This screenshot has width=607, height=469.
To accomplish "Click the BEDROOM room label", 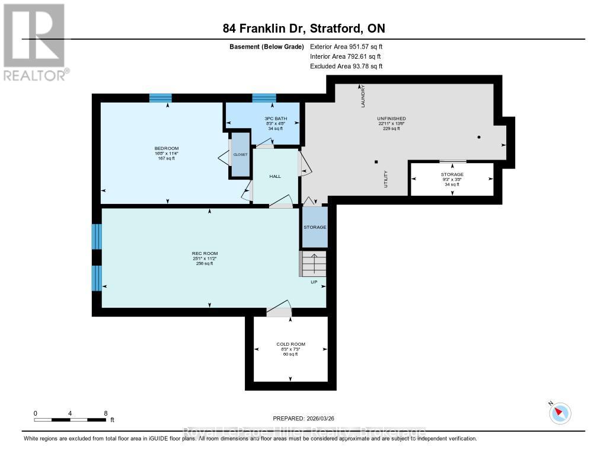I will pos(166,148).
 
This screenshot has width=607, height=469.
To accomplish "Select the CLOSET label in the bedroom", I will pos(240,154).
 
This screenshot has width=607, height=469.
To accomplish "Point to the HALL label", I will pos(275,176).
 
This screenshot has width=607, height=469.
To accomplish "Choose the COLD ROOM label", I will pos(290,344).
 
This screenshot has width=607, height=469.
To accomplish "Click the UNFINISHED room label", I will pos(391,119).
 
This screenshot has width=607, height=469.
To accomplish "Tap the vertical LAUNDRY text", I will pos(363,97).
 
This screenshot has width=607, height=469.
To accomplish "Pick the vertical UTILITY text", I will pos(385,179).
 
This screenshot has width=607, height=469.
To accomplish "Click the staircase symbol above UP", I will pos(313,263).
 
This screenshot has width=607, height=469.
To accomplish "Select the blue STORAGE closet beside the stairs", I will pos(315,227).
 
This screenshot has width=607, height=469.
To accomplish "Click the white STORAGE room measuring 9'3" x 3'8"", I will pos(452,178).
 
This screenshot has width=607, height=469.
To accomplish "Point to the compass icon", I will pos(560,413).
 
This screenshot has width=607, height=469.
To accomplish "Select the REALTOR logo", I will pos(35,42).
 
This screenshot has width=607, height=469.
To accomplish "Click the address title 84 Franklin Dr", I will pos(303,28).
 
